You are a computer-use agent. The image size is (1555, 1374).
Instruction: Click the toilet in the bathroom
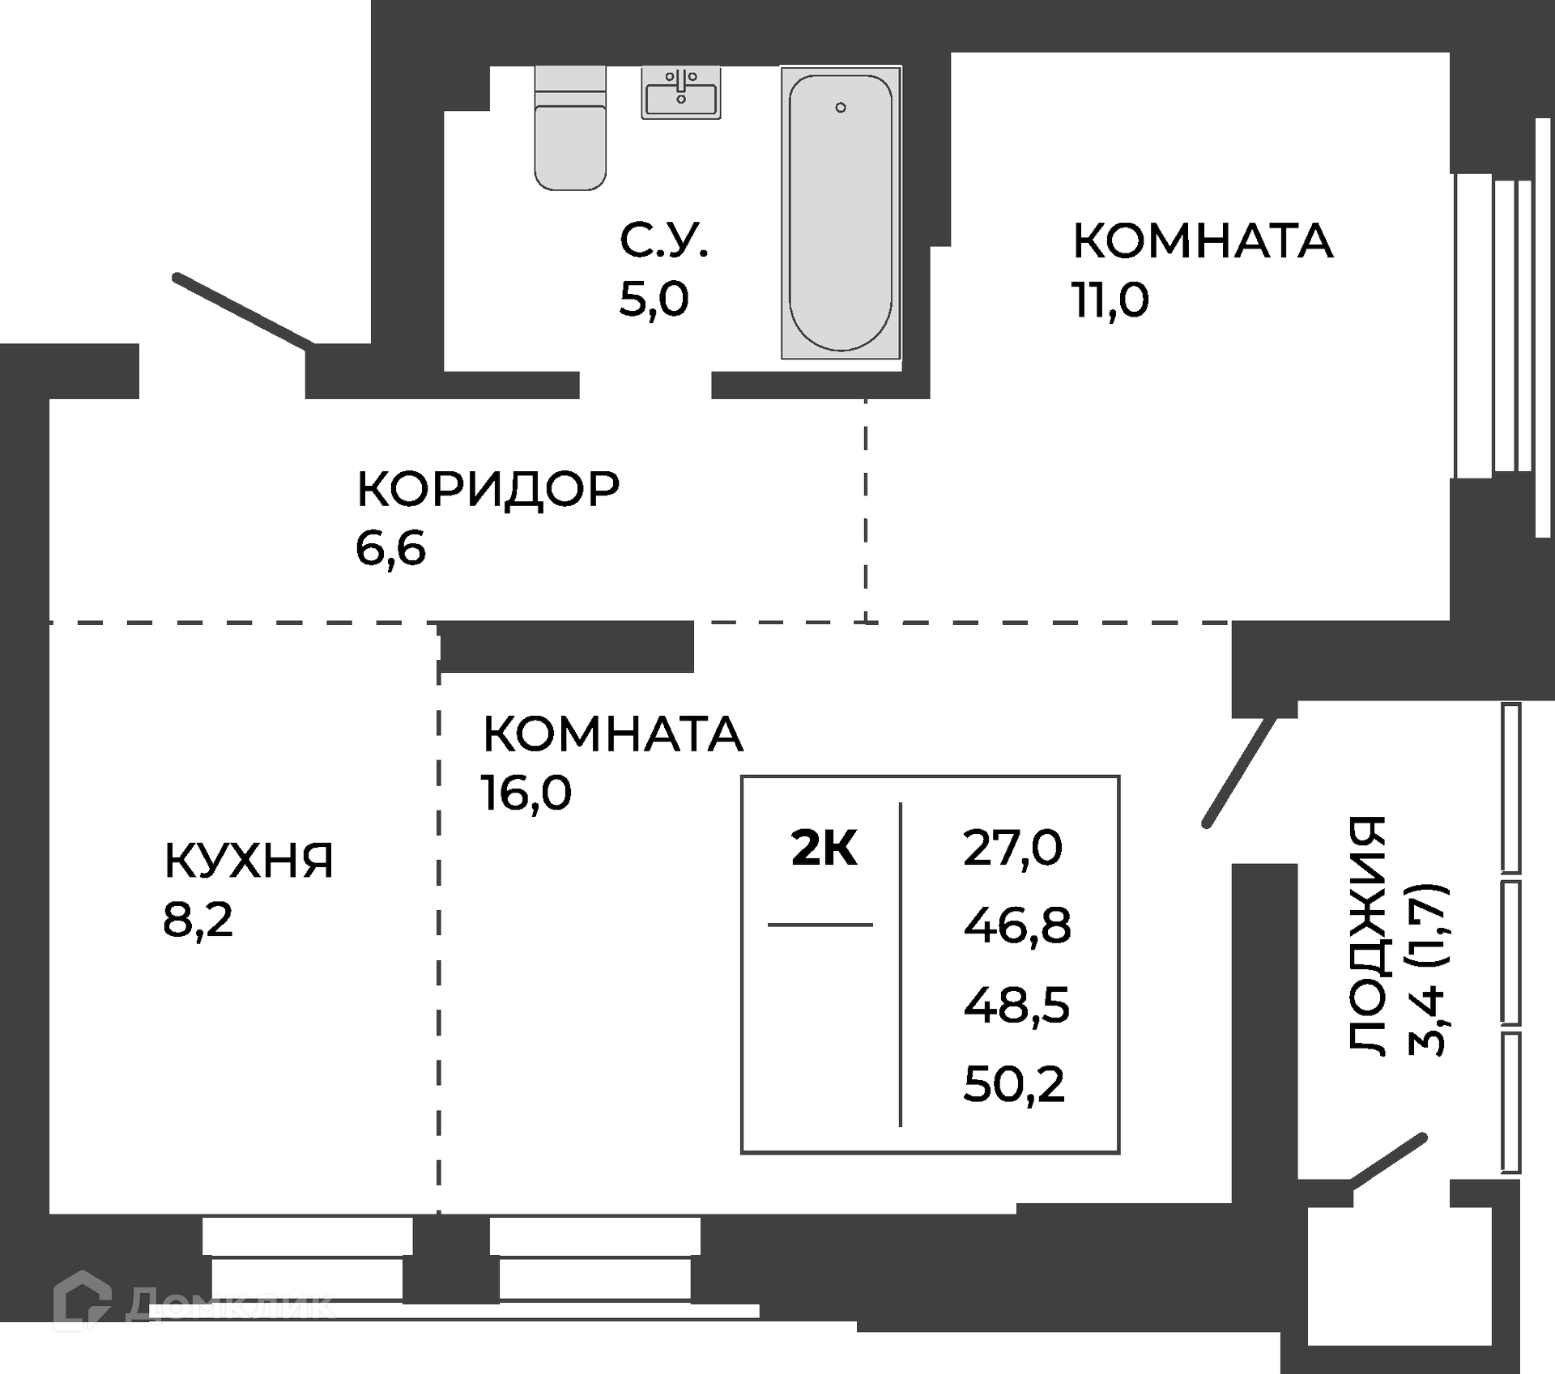(x=570, y=130)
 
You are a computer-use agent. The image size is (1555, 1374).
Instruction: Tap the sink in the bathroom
(x=681, y=92)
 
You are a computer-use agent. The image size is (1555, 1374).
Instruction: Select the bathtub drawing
(x=841, y=212)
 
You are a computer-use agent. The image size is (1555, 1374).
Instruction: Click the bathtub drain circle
(x=841, y=107)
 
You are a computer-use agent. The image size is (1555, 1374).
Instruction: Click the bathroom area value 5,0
(x=654, y=299)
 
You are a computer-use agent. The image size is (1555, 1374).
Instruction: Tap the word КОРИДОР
(x=488, y=488)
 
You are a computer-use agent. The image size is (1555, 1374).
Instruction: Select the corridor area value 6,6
(x=390, y=548)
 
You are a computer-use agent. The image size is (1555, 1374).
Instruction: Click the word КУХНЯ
(x=249, y=860)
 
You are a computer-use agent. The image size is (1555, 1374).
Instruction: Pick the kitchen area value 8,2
(x=198, y=920)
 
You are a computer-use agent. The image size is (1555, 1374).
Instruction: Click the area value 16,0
(x=526, y=792)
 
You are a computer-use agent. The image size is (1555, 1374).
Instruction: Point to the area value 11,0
(x=1110, y=300)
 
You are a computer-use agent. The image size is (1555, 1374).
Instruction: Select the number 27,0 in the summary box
(x=1012, y=849)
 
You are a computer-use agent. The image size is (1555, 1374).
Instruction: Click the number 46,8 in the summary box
(x=1016, y=925)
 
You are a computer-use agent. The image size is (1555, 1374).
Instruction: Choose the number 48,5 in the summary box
(x=1016, y=1006)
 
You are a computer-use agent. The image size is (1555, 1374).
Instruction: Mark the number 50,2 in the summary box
(x=1014, y=1084)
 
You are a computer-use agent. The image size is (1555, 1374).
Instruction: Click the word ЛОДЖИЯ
(x=1368, y=934)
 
